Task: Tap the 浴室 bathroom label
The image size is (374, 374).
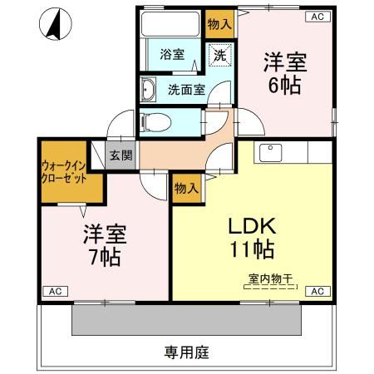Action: click(x=173, y=56)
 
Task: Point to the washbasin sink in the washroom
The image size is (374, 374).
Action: click(x=150, y=89)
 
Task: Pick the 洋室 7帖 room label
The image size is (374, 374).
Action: click(x=101, y=245)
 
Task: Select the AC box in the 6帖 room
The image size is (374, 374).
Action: click(x=317, y=16)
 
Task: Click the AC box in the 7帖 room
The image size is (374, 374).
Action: click(x=54, y=292)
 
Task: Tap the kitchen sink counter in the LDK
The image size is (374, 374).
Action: click(x=283, y=153)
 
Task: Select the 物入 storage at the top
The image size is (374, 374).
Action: click(x=219, y=24)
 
